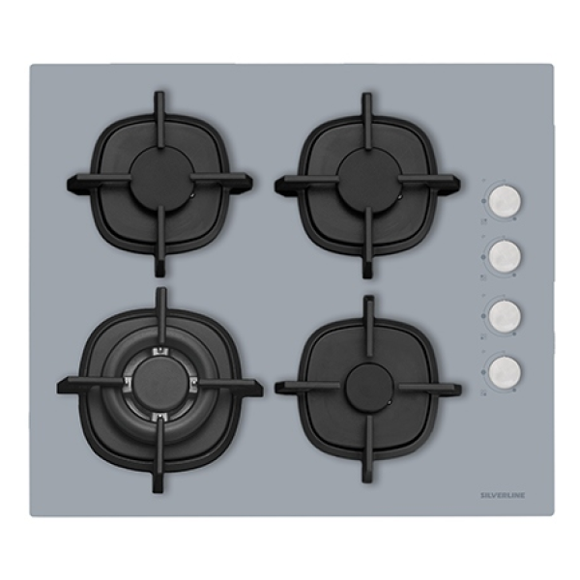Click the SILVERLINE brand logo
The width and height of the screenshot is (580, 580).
point(503,495)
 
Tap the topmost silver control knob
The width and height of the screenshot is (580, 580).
point(505,202)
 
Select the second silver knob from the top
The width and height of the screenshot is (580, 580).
point(505,256)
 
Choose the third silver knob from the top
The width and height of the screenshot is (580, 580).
point(505,316)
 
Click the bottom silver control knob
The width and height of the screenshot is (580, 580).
point(505,371)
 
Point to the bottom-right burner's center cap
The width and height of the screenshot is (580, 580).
point(369,386)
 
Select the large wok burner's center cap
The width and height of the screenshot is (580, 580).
point(160,383)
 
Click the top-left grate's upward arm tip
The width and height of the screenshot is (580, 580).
point(159,95)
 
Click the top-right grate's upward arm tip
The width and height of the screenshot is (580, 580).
point(366,97)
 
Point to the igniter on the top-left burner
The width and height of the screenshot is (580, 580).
point(191,196)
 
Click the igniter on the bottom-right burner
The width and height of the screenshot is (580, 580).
point(388,402)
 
